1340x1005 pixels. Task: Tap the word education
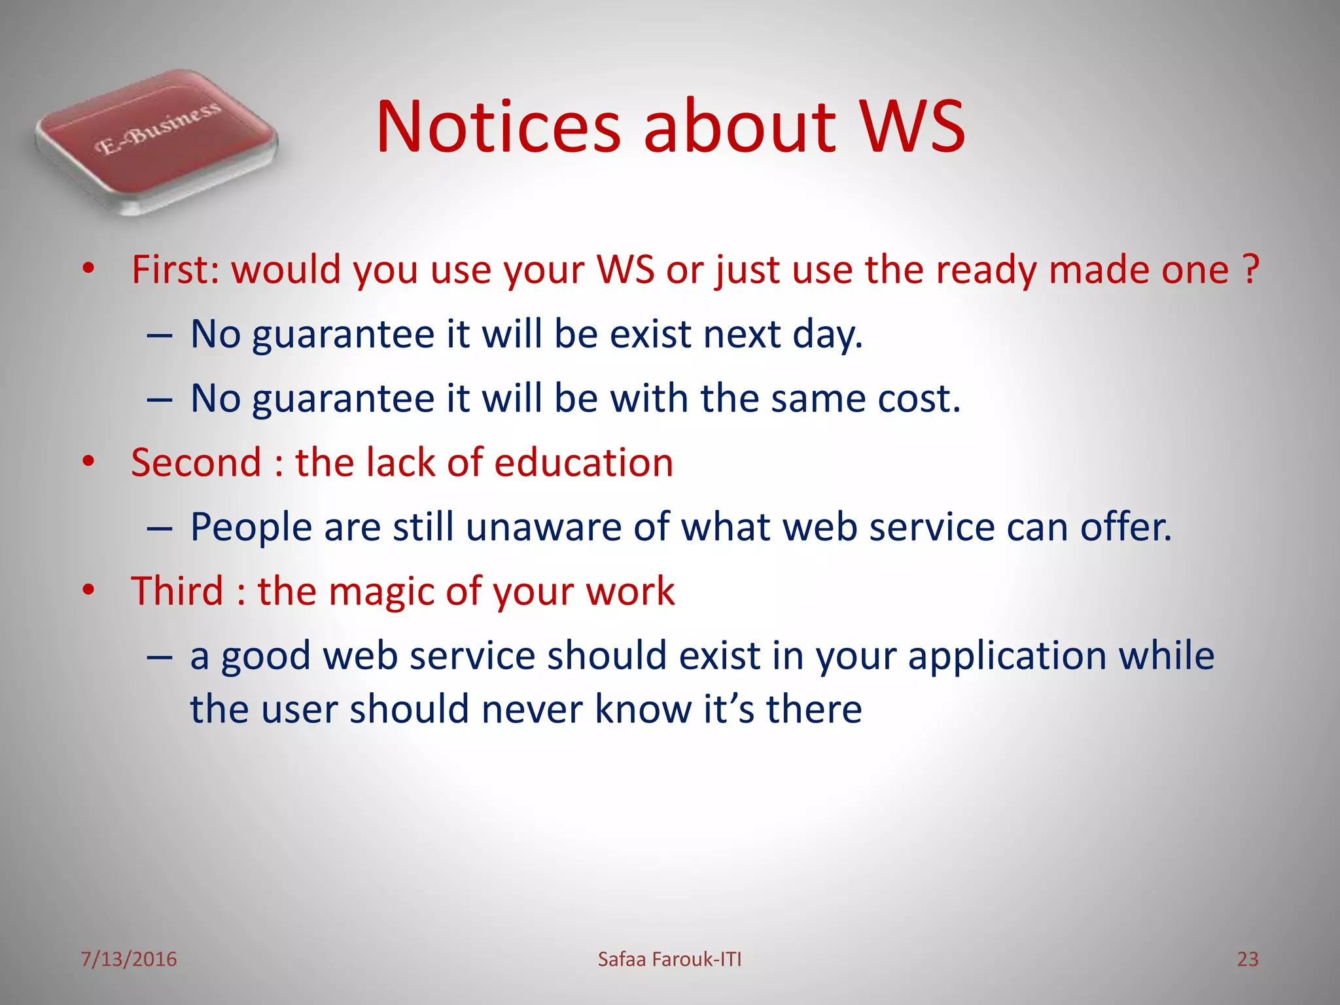[x=583, y=463]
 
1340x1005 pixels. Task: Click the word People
[x=251, y=527]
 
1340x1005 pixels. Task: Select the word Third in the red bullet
[x=177, y=591]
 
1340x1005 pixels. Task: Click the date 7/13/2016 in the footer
[x=129, y=959]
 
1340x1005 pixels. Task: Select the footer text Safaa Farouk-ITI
[x=669, y=959]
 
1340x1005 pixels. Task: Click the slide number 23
[x=1247, y=959]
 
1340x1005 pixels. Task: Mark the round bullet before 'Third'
[x=89, y=590]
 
